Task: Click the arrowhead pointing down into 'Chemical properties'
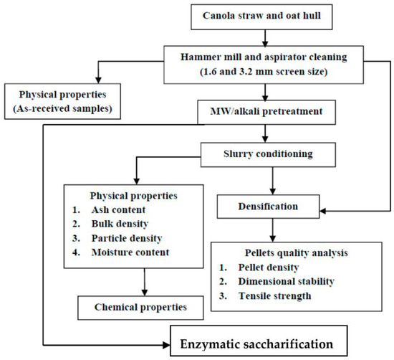click(145, 292)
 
